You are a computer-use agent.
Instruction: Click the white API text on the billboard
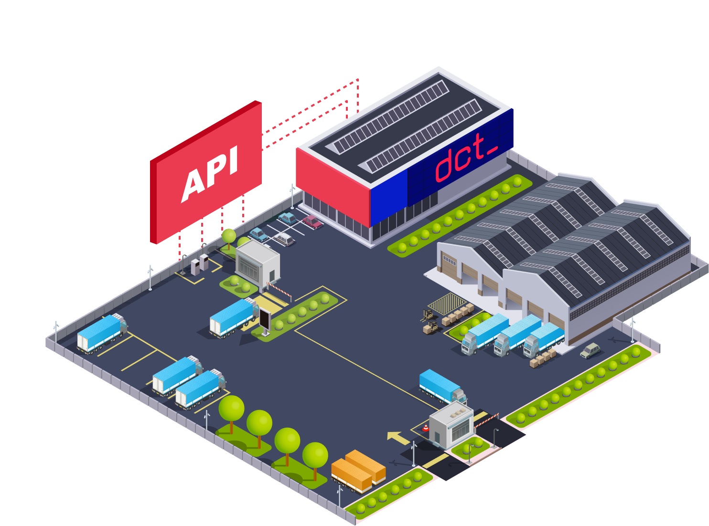click(210, 174)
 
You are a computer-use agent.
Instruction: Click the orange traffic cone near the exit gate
click(425, 428)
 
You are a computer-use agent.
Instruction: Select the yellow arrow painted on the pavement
click(397, 437)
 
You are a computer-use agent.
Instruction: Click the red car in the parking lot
click(312, 221)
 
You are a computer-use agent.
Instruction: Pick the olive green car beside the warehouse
click(591, 350)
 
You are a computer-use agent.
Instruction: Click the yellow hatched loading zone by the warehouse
click(447, 304)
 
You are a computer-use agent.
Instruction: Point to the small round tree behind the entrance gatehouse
click(229, 236)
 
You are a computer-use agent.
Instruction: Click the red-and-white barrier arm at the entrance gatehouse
click(279, 288)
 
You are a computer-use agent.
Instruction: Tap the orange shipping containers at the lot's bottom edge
click(358, 470)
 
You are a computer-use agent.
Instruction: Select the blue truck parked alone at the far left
click(101, 333)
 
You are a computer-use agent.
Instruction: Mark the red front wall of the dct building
click(333, 186)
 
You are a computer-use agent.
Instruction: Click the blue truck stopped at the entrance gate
click(233, 317)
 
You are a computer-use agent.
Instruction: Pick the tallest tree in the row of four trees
click(232, 410)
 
